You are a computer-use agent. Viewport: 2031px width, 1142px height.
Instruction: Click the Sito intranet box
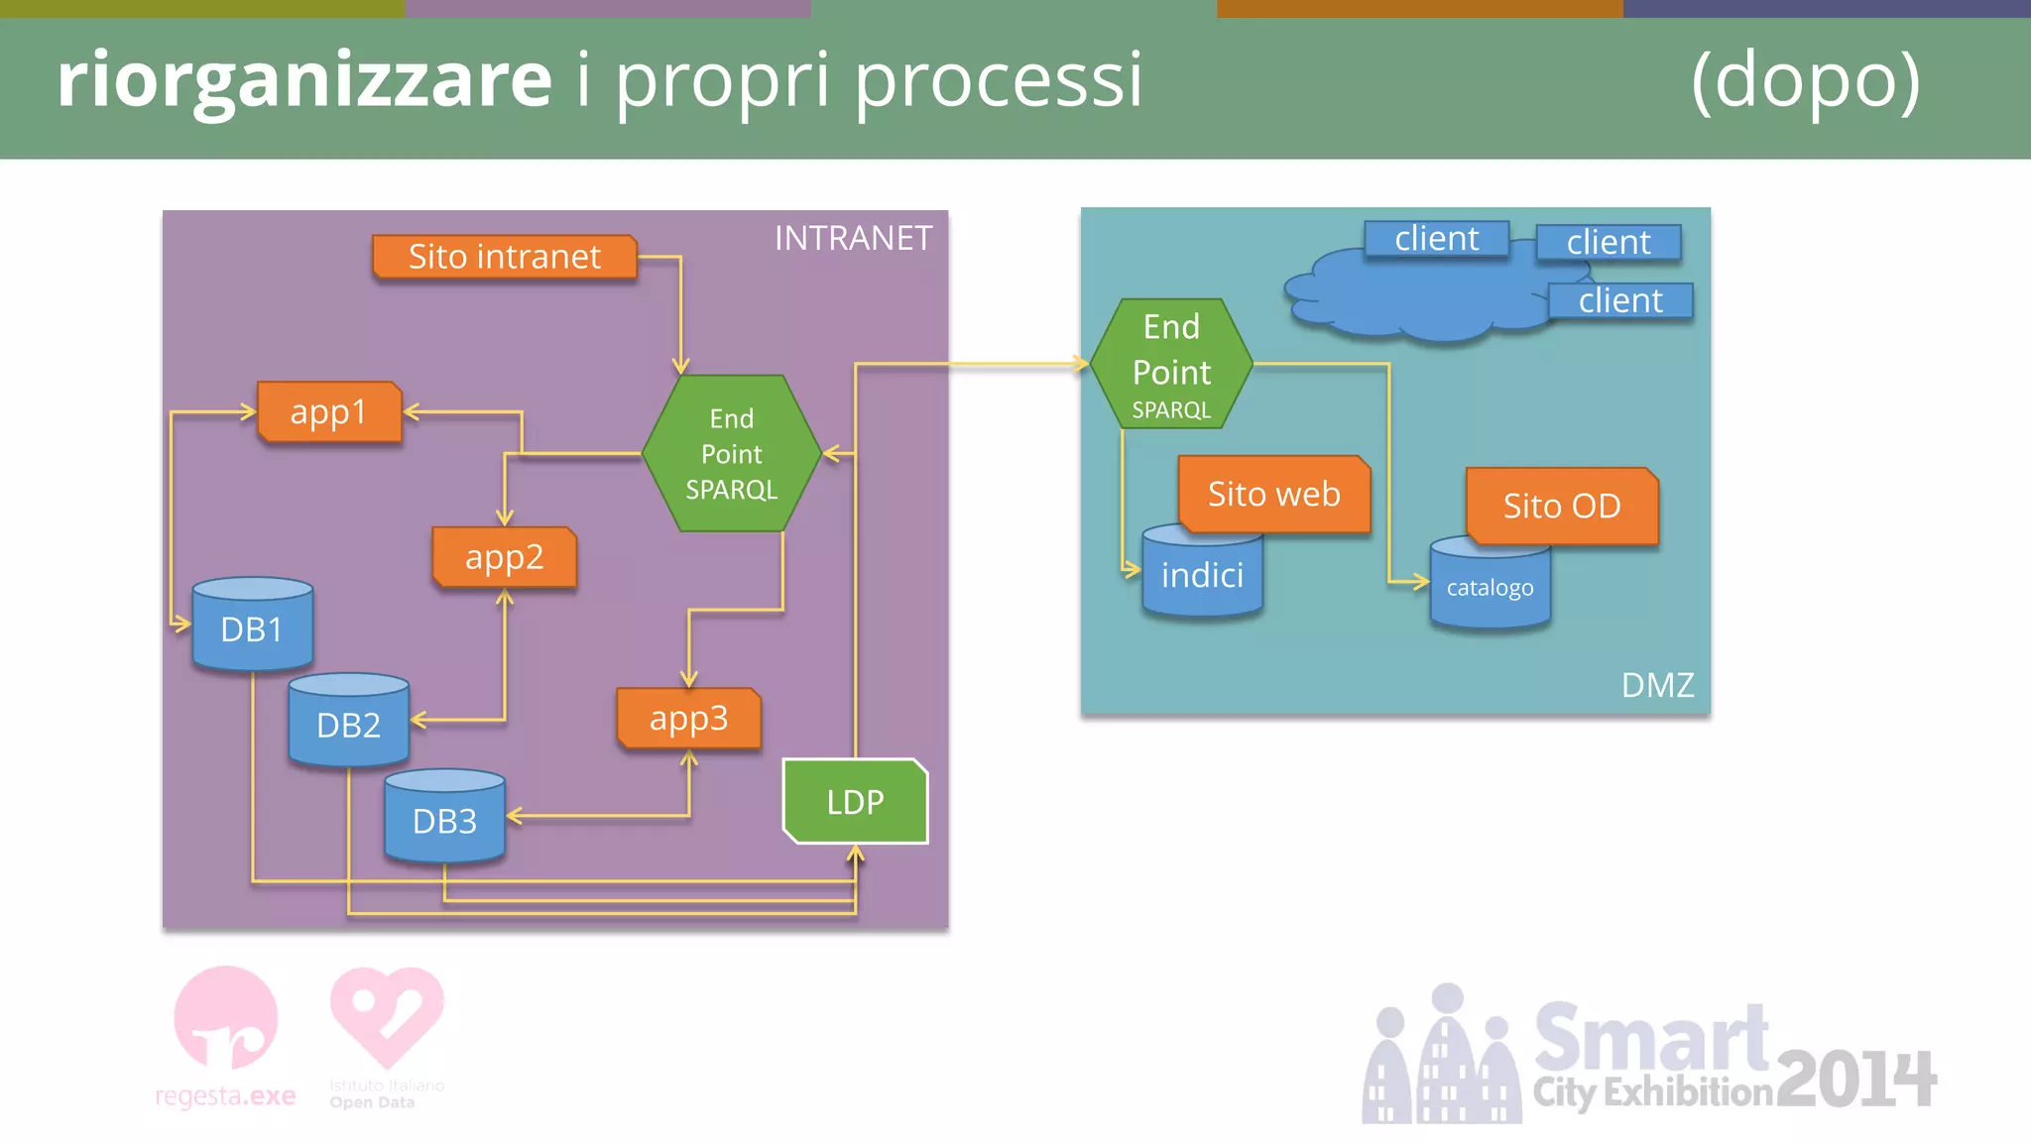tap(504, 257)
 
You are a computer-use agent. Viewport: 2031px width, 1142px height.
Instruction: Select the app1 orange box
tap(328, 411)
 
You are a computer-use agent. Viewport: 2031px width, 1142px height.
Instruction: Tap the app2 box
tap(504, 557)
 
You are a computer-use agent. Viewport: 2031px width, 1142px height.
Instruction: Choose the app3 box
tap(688, 718)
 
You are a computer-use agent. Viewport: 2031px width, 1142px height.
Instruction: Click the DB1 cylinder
tap(252, 628)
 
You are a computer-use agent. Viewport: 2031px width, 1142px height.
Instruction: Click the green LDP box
tap(855, 801)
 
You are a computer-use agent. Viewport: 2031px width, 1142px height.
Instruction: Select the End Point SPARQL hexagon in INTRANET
tap(732, 453)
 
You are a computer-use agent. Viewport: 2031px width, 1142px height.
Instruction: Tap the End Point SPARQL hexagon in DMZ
tap(1171, 365)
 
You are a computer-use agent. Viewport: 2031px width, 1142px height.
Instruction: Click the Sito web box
tap(1273, 494)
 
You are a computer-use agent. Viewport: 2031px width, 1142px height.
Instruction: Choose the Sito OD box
tap(1561, 506)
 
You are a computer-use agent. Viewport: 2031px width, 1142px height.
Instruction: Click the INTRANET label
tap(853, 238)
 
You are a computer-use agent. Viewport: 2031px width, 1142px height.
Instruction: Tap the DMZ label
tap(1657, 685)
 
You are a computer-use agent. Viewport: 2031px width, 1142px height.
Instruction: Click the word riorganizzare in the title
tap(303, 79)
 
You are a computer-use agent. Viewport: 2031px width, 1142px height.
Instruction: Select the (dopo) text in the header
tap(1805, 79)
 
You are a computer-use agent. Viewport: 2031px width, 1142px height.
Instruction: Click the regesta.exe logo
tap(226, 1037)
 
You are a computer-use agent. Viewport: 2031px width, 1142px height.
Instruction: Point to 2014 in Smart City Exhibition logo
tap(1855, 1079)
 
